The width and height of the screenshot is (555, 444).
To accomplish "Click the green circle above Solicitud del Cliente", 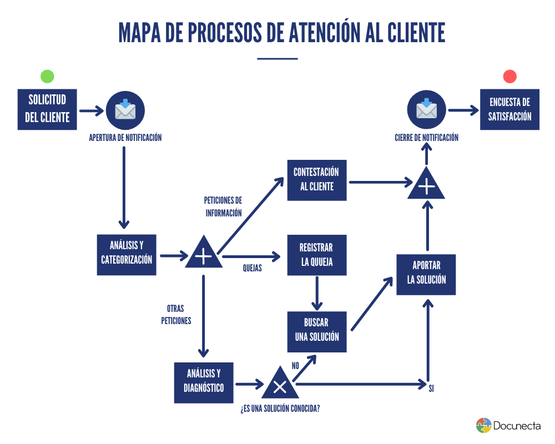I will click(47, 77).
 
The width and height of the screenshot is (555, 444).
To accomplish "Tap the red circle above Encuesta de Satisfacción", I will click(509, 77).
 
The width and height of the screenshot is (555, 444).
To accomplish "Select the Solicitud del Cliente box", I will click(47, 109).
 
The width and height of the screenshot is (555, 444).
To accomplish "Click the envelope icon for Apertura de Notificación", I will click(125, 110).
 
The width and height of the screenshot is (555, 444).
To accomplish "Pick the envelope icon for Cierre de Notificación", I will click(426, 110).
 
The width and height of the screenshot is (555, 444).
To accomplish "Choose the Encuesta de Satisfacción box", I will click(509, 109).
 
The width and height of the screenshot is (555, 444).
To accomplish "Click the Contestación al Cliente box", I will click(317, 180).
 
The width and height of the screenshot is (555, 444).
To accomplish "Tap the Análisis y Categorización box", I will click(127, 254).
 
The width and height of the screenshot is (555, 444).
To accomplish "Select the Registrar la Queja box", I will click(317, 255).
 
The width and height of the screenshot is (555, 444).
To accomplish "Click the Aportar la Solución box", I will click(426, 274).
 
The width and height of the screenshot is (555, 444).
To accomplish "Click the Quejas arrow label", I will click(253, 268).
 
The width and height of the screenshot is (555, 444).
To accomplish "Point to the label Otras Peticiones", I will click(176, 314).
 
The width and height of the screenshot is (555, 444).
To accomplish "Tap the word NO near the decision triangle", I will click(295, 365).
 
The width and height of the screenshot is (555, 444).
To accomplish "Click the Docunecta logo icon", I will click(484, 426).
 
